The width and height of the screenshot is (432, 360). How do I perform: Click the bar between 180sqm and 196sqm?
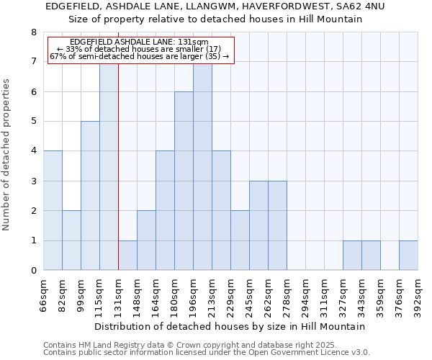click(184, 181)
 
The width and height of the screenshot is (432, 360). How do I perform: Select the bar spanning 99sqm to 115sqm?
click(90, 196)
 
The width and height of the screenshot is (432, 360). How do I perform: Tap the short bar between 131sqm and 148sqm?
click(127, 255)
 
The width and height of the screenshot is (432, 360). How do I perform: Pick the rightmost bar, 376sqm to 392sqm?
click(408, 255)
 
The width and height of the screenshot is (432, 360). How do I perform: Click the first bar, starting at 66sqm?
click(53, 210)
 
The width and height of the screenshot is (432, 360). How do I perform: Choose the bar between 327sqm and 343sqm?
click(352, 255)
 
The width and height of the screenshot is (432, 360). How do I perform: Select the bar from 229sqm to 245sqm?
click(240, 240)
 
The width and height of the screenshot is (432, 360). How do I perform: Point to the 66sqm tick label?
click(43, 294)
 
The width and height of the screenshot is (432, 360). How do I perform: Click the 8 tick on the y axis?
click(33, 32)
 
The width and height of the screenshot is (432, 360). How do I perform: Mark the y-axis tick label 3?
click(33, 181)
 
